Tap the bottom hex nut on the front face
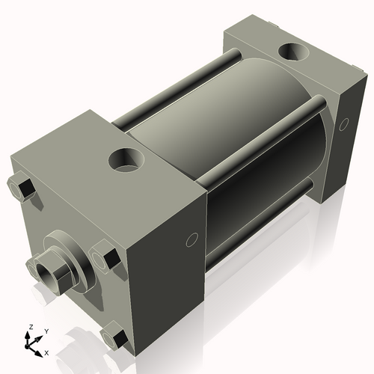(112, 334)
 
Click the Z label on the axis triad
(31, 327)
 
